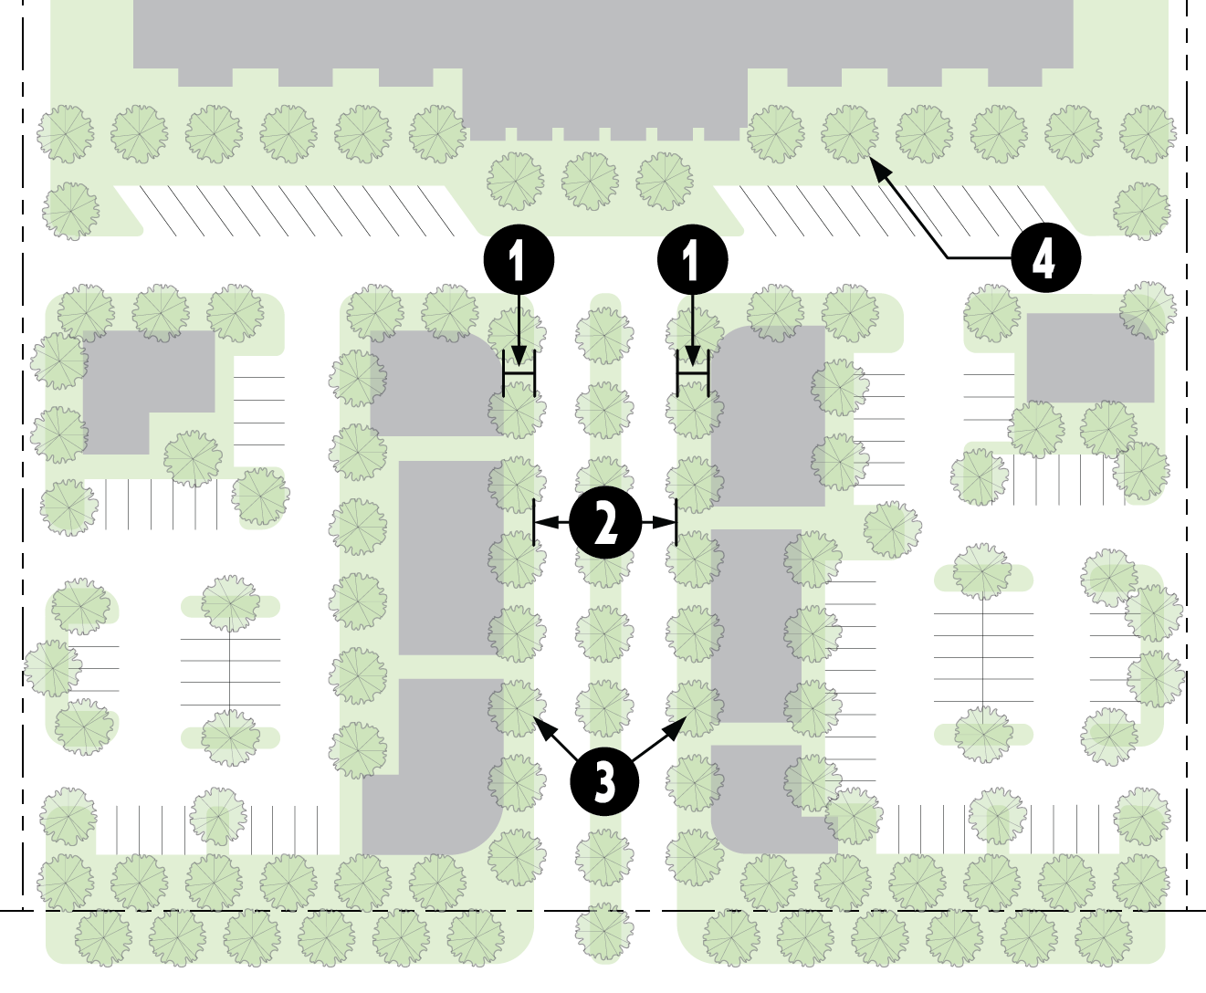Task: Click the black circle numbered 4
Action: [x=1045, y=258]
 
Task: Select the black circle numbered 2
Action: [x=604, y=523]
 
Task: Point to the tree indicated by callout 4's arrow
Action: [x=849, y=133]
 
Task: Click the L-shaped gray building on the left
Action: [x=137, y=383]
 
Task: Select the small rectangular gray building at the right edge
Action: [x=1088, y=358]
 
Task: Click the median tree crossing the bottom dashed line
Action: [x=603, y=931]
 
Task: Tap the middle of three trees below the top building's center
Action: [x=590, y=181]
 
